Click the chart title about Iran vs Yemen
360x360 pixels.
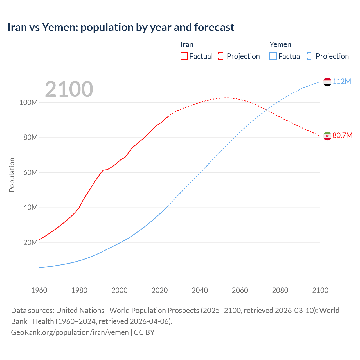[121, 27]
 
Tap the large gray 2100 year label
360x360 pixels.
[69, 89]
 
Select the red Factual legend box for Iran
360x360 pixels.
[184, 56]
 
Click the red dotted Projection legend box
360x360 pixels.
[222, 56]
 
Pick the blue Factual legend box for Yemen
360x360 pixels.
[273, 56]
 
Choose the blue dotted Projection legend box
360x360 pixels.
[310, 56]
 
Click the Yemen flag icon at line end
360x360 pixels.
[327, 82]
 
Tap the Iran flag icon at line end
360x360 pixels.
[327, 136]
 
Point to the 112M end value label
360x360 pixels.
[342, 82]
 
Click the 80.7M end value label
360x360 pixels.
[342, 136]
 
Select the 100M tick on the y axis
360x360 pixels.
[28, 102]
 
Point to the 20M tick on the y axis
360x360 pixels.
[30, 242]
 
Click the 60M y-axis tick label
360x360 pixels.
[30, 172]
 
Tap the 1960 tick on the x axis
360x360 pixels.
[39, 290]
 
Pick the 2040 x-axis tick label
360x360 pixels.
[200, 290]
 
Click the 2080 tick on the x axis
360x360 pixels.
[280, 290]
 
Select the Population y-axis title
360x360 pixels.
[12, 175]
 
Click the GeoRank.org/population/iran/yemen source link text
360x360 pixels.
[70, 332]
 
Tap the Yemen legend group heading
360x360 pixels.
[280, 44]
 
